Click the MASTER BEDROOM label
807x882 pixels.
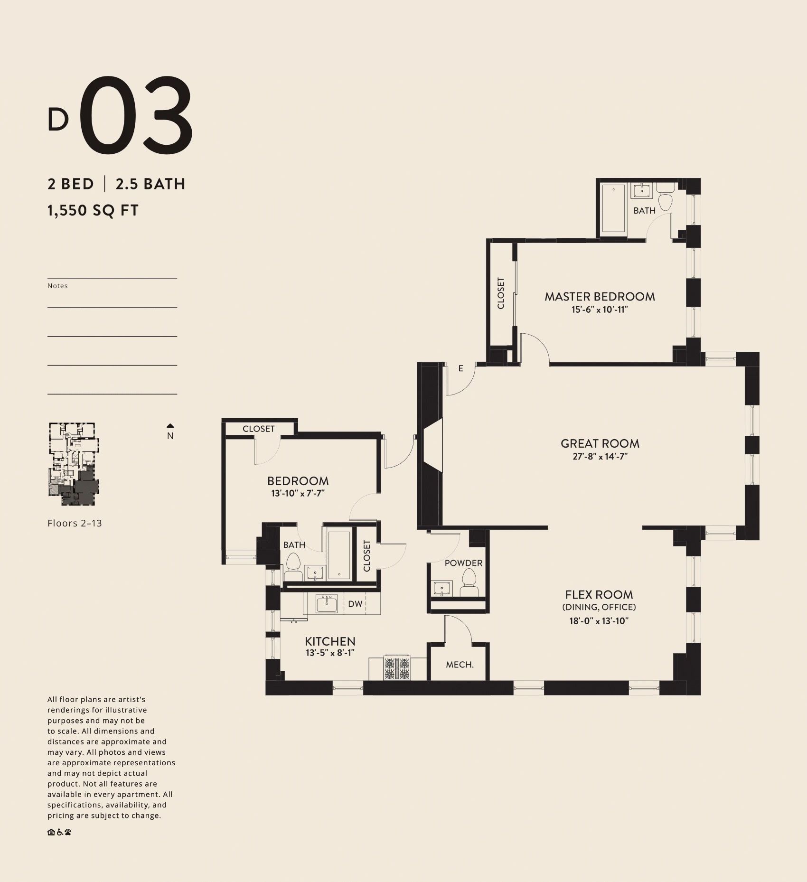point(600,297)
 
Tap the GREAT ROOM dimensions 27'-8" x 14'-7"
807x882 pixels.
point(600,457)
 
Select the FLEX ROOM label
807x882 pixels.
point(599,594)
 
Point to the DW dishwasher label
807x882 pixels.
point(355,604)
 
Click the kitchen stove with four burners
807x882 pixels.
point(397,668)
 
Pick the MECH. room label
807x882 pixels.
point(460,665)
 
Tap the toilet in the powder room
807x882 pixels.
point(469,583)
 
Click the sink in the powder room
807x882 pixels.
point(442,589)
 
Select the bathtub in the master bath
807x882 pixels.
point(613,208)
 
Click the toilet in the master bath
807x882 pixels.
point(665,200)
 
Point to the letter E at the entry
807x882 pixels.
point(460,368)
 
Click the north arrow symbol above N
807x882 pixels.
point(170,426)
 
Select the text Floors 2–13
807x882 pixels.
point(75,523)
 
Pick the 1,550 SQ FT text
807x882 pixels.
point(93,210)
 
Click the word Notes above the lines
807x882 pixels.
point(57,286)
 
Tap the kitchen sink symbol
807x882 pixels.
point(327,604)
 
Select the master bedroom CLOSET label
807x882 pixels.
point(501,293)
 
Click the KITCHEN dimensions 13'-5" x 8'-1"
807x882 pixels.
point(330,653)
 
